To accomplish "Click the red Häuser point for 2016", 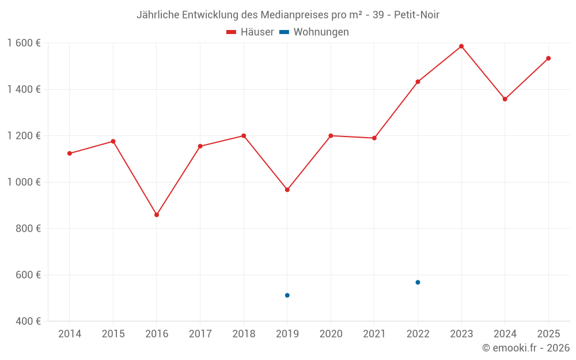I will point(157,215).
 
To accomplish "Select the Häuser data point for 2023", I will point(461,46).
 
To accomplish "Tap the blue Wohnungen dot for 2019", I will point(287,295).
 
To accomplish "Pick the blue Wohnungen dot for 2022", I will point(418,282).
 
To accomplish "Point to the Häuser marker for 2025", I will point(548,58).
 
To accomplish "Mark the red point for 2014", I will point(70,153).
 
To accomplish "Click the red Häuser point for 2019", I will point(287,190).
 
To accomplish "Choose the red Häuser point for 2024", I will point(505,99).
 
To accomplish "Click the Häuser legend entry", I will point(250,32).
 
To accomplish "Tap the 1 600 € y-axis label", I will point(24,43).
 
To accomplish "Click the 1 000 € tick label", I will point(24,182).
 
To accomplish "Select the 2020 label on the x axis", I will point(331,334).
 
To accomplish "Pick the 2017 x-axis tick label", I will point(200,334).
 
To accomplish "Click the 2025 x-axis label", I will point(548,334).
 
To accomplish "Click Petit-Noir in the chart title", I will point(416,15).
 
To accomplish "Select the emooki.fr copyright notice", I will point(526,348).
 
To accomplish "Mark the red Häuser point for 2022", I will point(418,82).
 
